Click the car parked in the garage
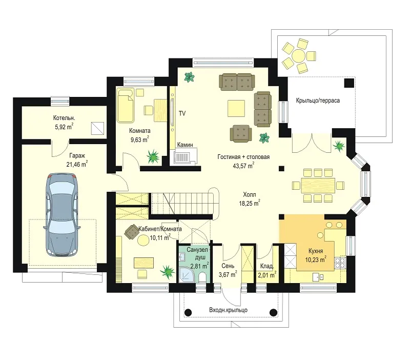(x=61, y=214)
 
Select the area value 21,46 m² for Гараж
(x=77, y=164)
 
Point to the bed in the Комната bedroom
(x=125, y=106)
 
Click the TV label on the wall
(x=182, y=113)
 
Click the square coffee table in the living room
(x=236, y=108)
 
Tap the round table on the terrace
(x=299, y=55)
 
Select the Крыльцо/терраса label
(x=318, y=100)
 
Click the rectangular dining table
(x=318, y=186)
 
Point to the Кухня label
(x=316, y=251)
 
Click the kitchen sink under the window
(x=318, y=277)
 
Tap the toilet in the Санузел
(x=202, y=277)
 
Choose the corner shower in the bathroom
(x=187, y=275)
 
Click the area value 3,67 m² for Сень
(x=228, y=274)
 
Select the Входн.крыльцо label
(x=228, y=310)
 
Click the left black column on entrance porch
(x=188, y=312)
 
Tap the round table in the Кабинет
(x=143, y=240)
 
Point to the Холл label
(x=249, y=195)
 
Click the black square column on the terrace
(x=349, y=83)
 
